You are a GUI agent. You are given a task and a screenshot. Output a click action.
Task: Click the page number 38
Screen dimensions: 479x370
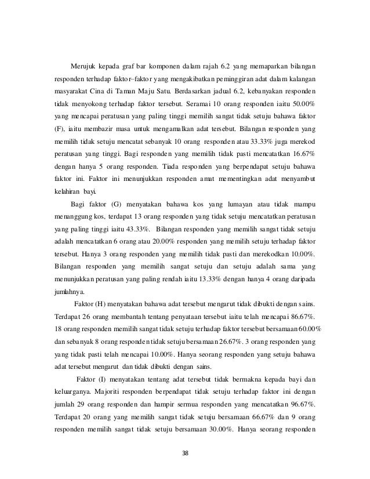click(x=185, y=453)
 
